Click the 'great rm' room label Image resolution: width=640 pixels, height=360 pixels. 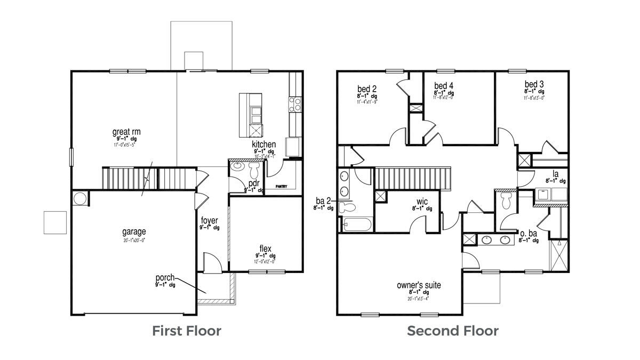(x=126, y=132)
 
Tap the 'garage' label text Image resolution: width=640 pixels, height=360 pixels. (x=134, y=232)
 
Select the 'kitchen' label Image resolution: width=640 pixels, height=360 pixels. (x=264, y=145)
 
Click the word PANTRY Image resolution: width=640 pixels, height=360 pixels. (x=282, y=187)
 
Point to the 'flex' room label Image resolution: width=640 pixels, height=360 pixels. (x=265, y=249)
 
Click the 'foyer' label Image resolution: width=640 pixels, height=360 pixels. (x=209, y=220)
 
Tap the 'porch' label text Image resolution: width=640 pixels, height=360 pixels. (x=165, y=278)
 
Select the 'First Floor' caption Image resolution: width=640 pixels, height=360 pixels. (x=187, y=331)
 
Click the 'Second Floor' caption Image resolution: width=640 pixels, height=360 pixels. (x=453, y=331)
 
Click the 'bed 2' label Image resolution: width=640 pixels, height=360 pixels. (x=367, y=89)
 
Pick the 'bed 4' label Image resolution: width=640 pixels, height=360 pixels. (x=443, y=86)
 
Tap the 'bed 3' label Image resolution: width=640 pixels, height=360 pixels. (x=534, y=84)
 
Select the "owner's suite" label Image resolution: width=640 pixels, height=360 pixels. (x=419, y=285)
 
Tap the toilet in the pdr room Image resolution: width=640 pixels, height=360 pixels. (x=254, y=170)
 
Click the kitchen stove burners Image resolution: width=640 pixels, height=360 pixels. (x=295, y=103)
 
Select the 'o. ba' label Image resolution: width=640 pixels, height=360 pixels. (x=528, y=234)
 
